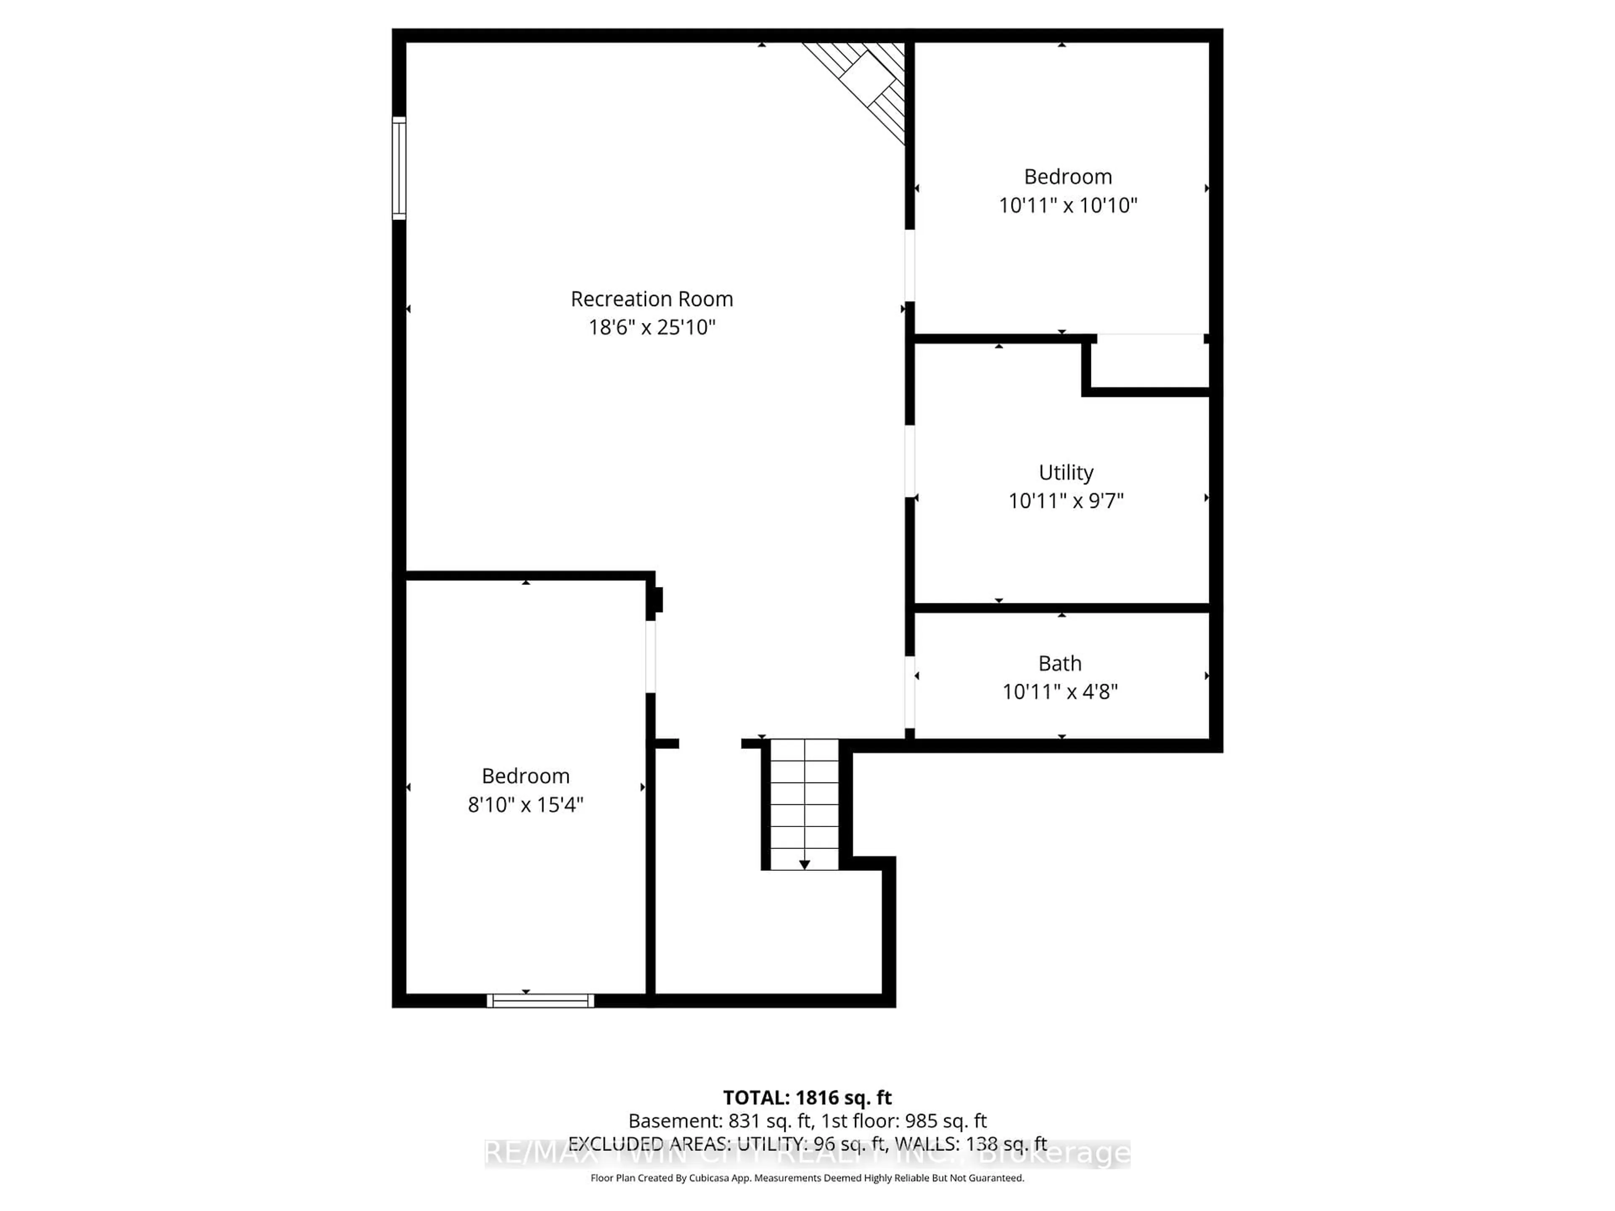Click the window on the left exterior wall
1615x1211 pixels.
399,168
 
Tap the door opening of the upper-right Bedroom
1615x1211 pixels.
910,266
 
